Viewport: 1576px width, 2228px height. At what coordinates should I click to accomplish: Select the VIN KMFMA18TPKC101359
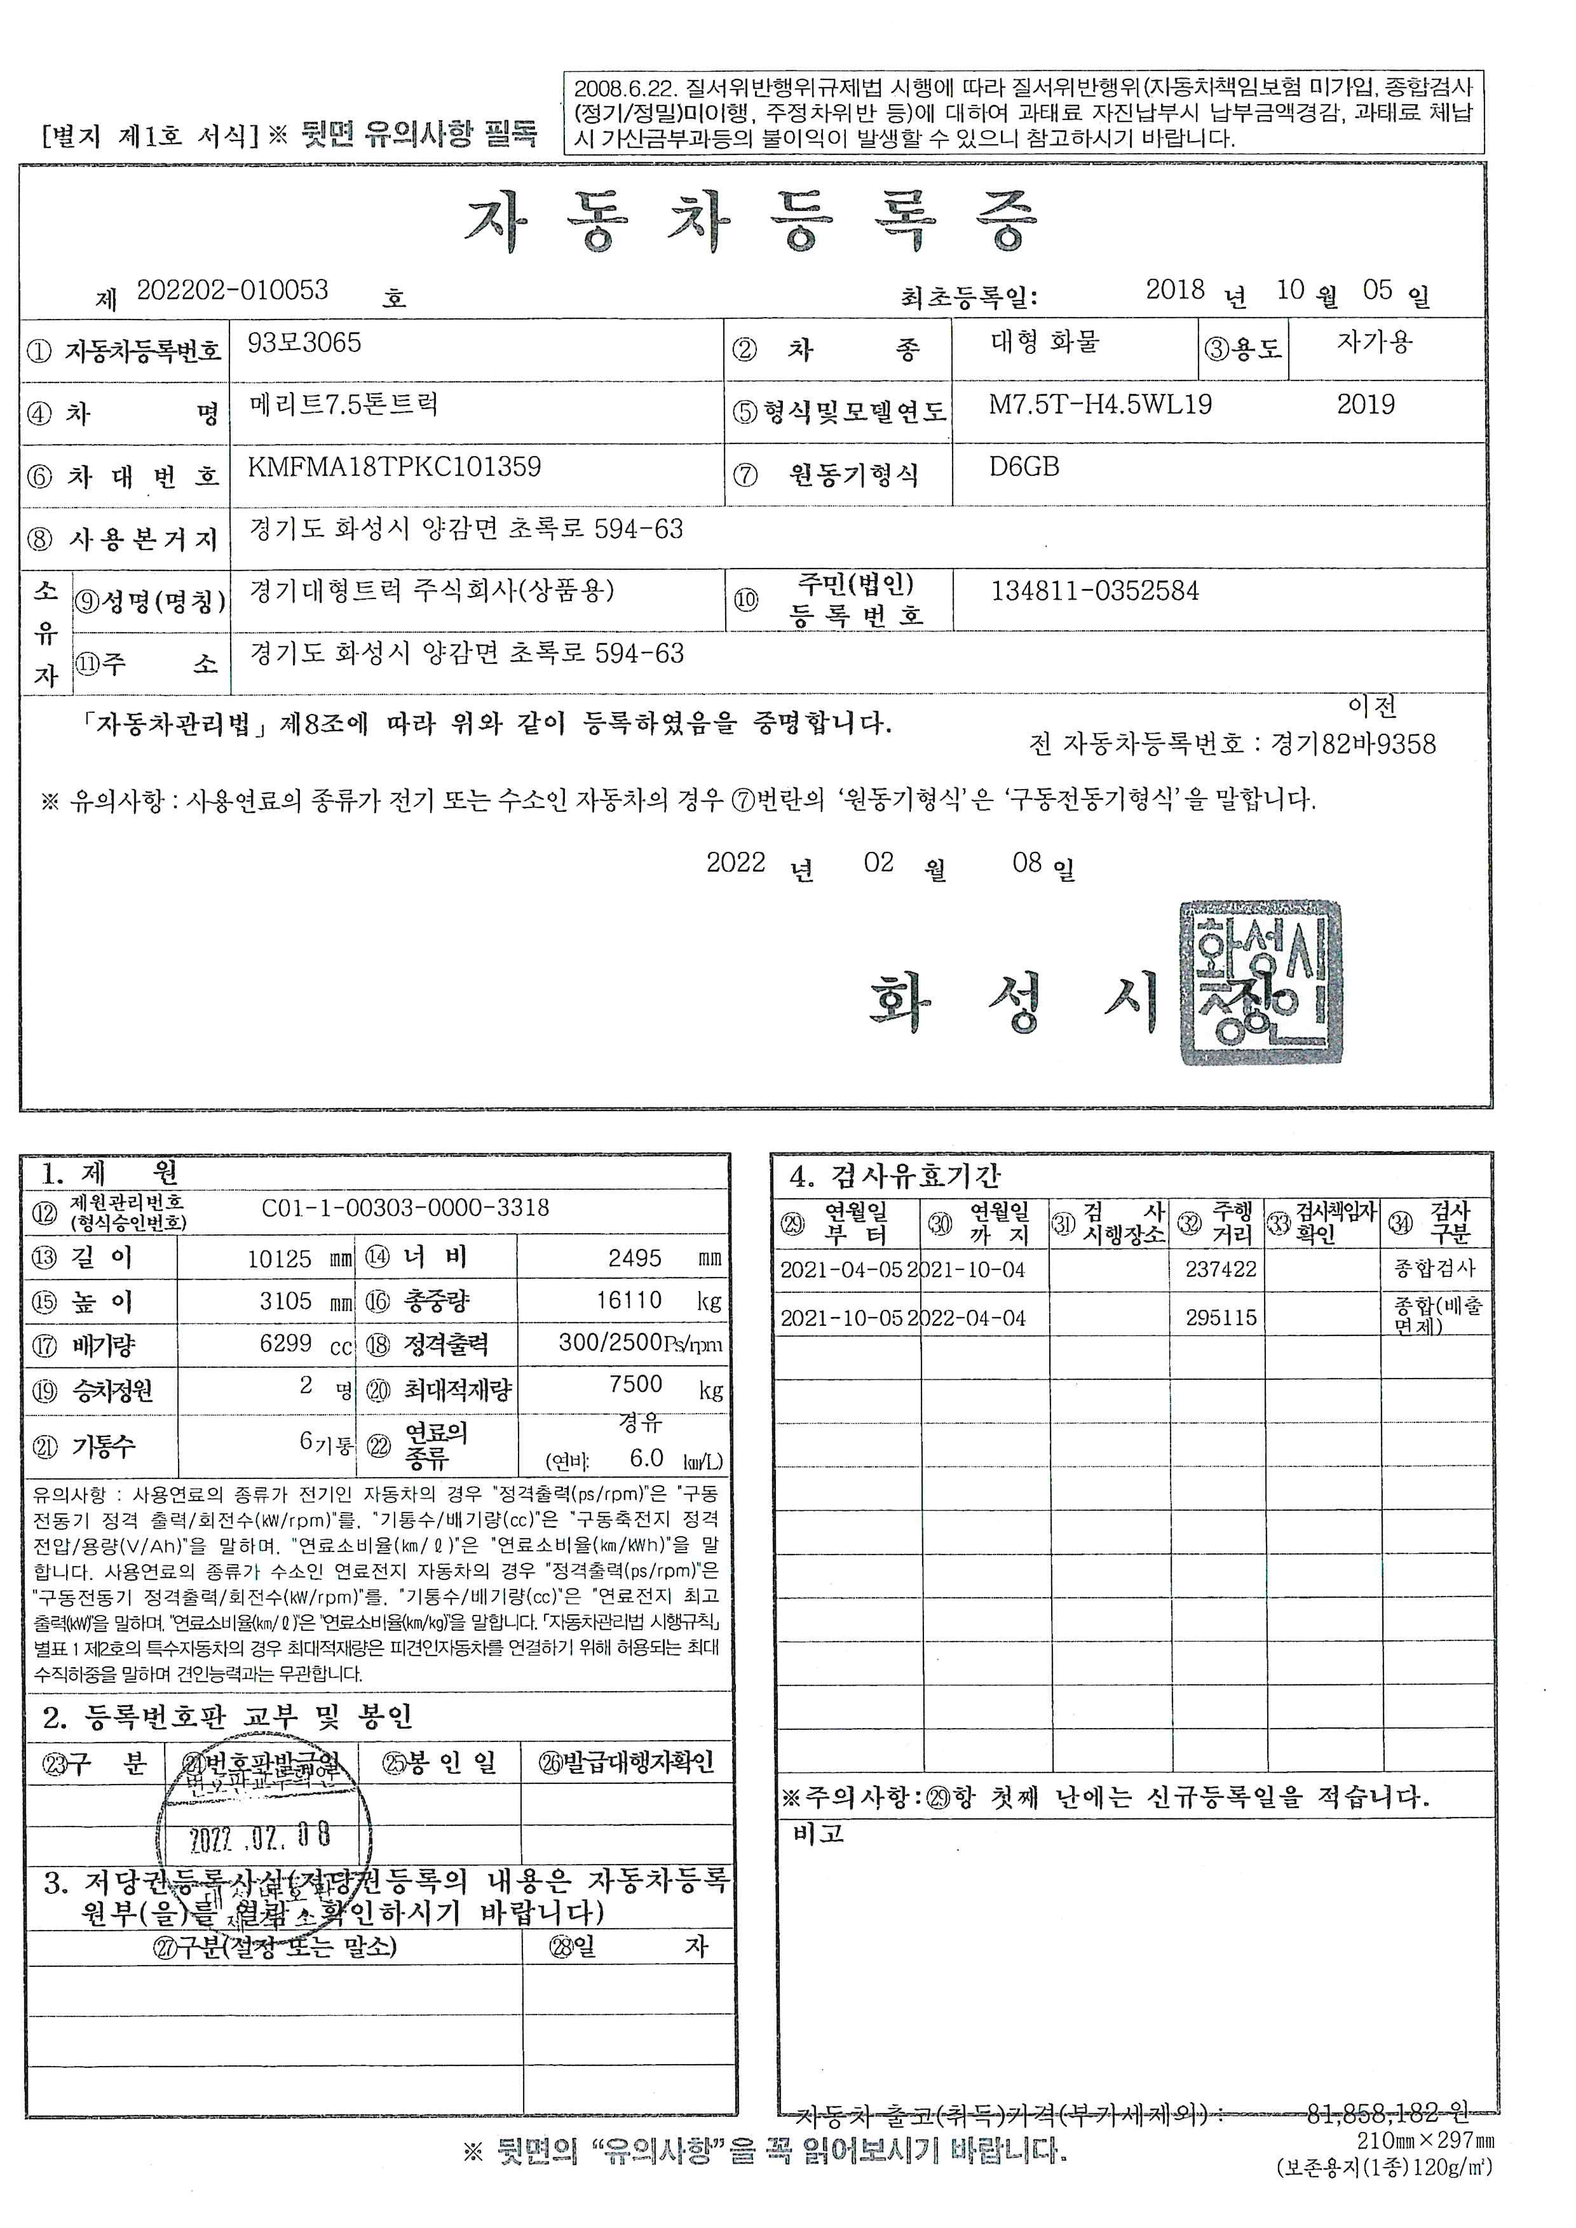pos(394,467)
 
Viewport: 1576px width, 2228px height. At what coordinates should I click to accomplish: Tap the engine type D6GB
pos(1024,467)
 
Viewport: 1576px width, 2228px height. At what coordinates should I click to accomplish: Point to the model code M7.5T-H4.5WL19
pos(1099,405)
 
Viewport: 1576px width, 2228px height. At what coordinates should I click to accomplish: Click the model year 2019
pos(1366,405)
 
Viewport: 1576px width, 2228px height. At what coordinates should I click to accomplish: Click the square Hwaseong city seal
pos(1261,982)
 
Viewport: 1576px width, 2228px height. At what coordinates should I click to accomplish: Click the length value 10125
pos(280,1259)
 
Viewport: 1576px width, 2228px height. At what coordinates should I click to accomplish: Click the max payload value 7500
pos(635,1384)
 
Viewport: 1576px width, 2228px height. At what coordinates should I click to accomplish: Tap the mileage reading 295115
pos(1221,1318)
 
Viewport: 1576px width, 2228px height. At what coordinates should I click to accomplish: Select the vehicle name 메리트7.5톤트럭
pos(344,405)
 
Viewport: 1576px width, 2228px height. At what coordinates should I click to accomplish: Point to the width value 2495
pos(635,1259)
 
